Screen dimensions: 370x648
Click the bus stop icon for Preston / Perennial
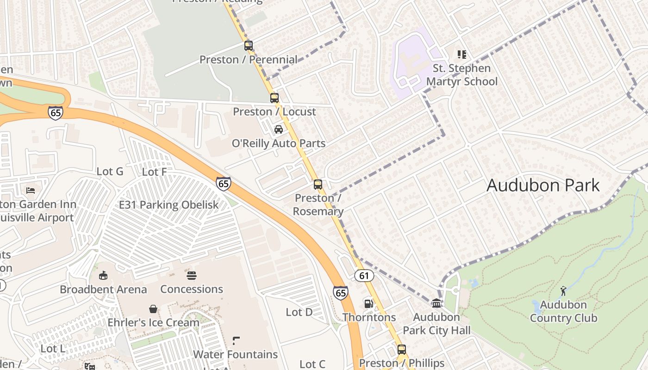tap(249, 45)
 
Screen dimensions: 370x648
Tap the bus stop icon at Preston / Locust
tap(274, 98)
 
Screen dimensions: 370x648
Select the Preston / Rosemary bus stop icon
tap(318, 184)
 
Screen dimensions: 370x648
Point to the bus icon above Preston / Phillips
tap(402, 349)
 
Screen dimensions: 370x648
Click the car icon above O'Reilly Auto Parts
tap(278, 129)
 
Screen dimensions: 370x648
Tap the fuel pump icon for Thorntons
tap(369, 303)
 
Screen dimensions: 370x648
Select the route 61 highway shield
tap(364, 276)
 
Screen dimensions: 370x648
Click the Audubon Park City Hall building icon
tap(436, 303)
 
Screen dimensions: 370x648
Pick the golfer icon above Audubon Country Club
tap(563, 291)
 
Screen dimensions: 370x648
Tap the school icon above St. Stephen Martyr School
tap(461, 55)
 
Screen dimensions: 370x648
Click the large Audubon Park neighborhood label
tap(543, 185)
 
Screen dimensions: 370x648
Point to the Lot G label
tap(110, 172)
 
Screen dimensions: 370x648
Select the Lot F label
tap(154, 172)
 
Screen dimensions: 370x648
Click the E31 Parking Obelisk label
tap(169, 205)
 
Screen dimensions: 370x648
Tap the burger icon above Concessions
tap(192, 276)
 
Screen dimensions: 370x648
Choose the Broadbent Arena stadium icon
tap(103, 276)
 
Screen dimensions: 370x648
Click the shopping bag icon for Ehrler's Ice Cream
tap(153, 308)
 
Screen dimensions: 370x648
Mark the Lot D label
tap(299, 312)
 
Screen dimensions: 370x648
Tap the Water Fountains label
tap(235, 354)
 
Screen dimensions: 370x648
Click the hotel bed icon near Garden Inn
tap(31, 190)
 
